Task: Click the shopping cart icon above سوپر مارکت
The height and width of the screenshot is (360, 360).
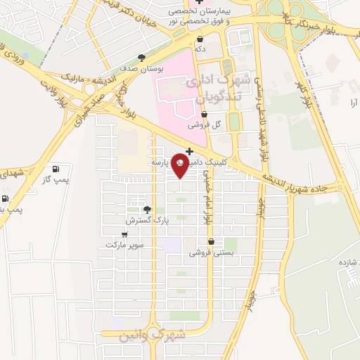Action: click(x=125, y=234)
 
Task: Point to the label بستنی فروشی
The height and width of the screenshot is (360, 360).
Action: click(x=211, y=252)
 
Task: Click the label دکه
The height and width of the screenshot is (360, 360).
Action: click(x=201, y=50)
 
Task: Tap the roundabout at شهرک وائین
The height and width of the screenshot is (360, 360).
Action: click(x=143, y=335)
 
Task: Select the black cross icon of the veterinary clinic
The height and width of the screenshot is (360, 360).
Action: click(x=189, y=150)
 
